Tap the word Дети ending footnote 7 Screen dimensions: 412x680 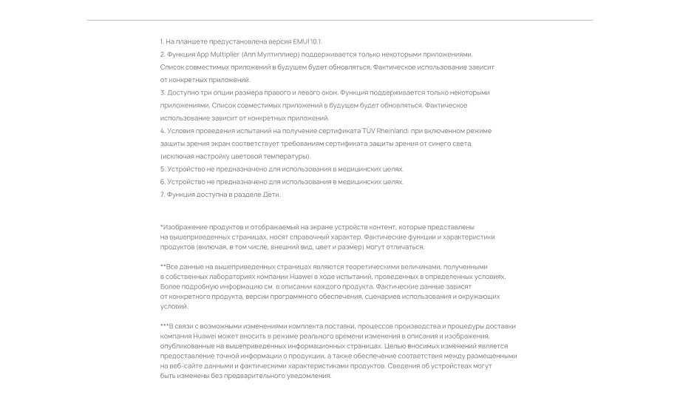[271, 195]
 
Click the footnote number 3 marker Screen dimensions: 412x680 [162, 92]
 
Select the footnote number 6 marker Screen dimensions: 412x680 [162, 182]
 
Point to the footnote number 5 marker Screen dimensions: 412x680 [162, 169]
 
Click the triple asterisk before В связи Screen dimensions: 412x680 [164, 325]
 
